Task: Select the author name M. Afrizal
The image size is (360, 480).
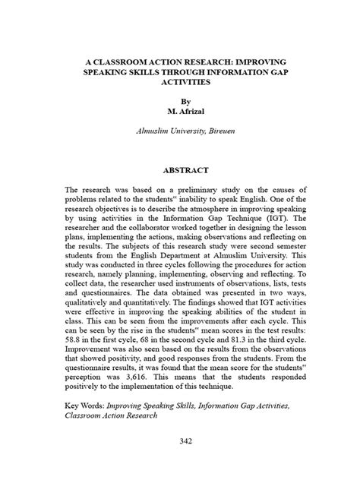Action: pos(181,110)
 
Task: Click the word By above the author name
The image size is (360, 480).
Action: pos(181,99)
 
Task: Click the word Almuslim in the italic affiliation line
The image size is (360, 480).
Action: pos(154,131)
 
